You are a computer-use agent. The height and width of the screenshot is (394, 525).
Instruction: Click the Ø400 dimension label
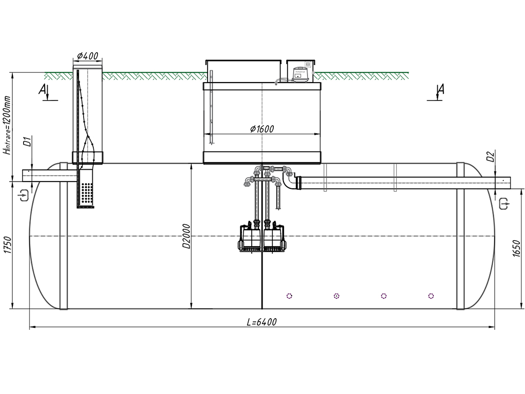click(88, 55)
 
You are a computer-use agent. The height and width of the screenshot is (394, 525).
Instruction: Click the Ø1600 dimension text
click(262, 129)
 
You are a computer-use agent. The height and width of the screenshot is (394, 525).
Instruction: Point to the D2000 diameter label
click(186, 237)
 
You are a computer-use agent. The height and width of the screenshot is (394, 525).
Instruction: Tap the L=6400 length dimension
click(262, 322)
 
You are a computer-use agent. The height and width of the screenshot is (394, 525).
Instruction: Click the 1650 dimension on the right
click(517, 248)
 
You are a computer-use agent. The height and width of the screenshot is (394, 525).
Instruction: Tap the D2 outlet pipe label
click(491, 156)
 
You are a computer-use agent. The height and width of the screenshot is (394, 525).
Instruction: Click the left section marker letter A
click(43, 89)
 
